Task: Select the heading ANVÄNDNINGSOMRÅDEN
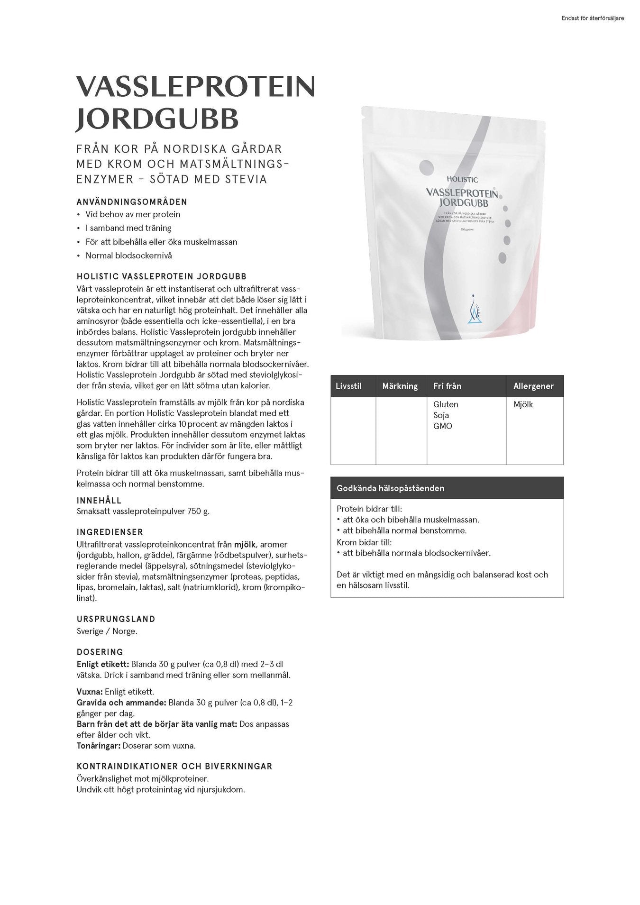[132, 202]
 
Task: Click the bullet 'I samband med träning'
[128, 228]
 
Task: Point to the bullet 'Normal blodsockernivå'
[128, 256]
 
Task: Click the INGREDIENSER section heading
[110, 532]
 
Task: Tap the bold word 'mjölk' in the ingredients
[245, 545]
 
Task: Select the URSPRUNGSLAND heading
[116, 619]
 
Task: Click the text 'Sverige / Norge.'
[107, 631]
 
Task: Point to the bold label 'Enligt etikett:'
[102, 664]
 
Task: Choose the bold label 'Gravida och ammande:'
[121, 703]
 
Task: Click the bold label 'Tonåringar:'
[99, 746]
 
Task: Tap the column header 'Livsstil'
[348, 386]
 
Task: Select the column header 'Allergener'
[533, 386]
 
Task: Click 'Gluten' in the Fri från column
[446, 404]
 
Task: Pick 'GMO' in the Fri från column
[443, 426]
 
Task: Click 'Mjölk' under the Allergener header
[523, 404]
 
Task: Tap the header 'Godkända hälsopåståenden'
[390, 488]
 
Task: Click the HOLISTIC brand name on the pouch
[462, 180]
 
